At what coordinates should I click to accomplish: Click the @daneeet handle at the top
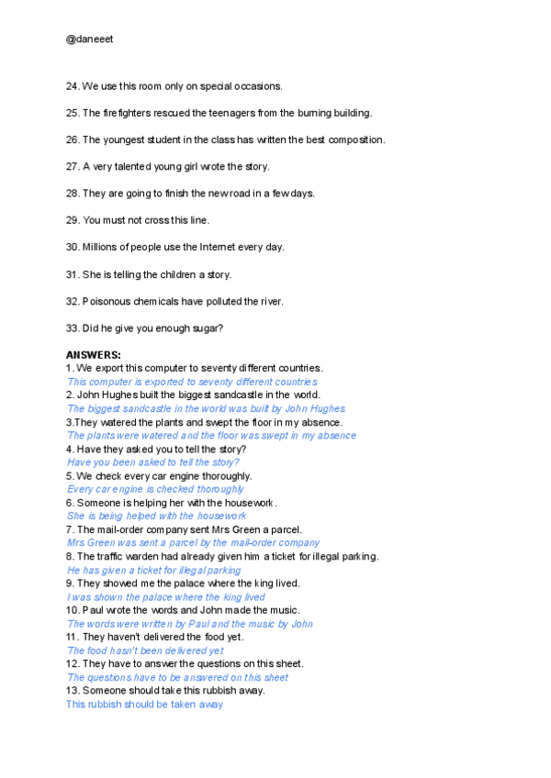(x=89, y=40)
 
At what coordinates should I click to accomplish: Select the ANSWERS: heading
(x=94, y=354)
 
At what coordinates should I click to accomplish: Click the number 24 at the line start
(x=72, y=86)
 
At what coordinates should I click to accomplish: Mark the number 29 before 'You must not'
(x=72, y=220)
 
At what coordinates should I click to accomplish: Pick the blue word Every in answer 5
(x=80, y=489)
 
